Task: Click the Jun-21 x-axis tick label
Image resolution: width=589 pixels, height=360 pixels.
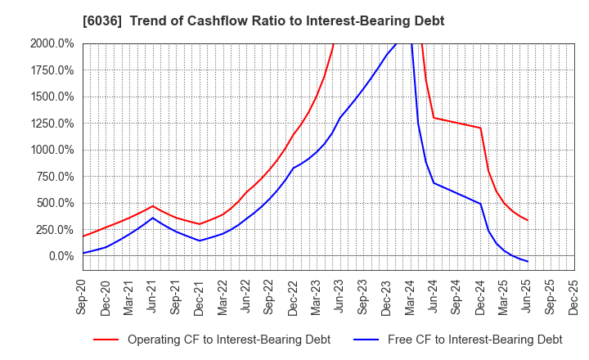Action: tap(153, 296)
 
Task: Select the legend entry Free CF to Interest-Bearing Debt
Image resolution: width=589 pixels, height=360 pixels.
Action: tap(474, 340)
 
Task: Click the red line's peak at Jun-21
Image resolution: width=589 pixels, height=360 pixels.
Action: tap(153, 205)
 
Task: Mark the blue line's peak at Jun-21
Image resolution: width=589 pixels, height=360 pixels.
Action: tap(153, 218)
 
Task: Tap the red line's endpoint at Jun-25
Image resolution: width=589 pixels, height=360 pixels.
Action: tap(528, 220)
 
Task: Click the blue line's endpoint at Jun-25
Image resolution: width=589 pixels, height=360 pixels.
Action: tap(528, 262)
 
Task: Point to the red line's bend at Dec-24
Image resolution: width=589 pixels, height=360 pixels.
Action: tap(480, 128)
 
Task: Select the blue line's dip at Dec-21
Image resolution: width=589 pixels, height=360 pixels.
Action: tap(200, 241)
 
